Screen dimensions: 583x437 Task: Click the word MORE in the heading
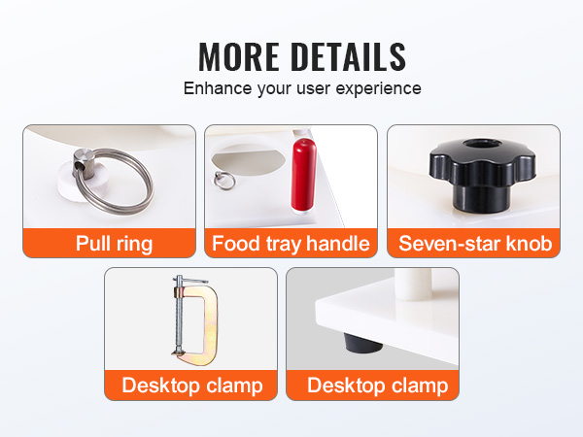pyautogui.click(x=239, y=56)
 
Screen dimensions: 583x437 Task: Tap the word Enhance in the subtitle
pyautogui.click(x=218, y=88)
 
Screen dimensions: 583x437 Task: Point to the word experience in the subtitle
pyautogui.click(x=378, y=89)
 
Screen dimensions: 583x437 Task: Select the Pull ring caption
pyautogui.click(x=114, y=244)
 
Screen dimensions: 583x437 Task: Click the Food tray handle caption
pyautogui.click(x=291, y=244)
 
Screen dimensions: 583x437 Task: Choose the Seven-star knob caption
pyautogui.click(x=475, y=244)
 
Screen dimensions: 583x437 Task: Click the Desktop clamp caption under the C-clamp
pyautogui.click(x=192, y=385)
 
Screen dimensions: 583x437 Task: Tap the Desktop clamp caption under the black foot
pyautogui.click(x=377, y=385)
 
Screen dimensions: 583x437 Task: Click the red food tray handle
pyautogui.click(x=303, y=176)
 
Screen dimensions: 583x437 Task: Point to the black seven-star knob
pyautogui.click(x=482, y=175)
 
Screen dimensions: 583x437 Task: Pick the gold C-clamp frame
pyautogui.click(x=203, y=324)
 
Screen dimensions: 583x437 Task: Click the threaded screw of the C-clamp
pyautogui.click(x=180, y=315)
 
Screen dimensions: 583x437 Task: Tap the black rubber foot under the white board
pyautogui.click(x=362, y=343)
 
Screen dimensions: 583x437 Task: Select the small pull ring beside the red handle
pyautogui.click(x=223, y=181)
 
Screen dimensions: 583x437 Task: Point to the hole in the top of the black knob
pyautogui.click(x=483, y=144)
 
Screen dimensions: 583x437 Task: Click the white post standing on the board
pyautogui.click(x=413, y=284)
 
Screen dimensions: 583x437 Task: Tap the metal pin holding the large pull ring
pyautogui.click(x=83, y=163)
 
